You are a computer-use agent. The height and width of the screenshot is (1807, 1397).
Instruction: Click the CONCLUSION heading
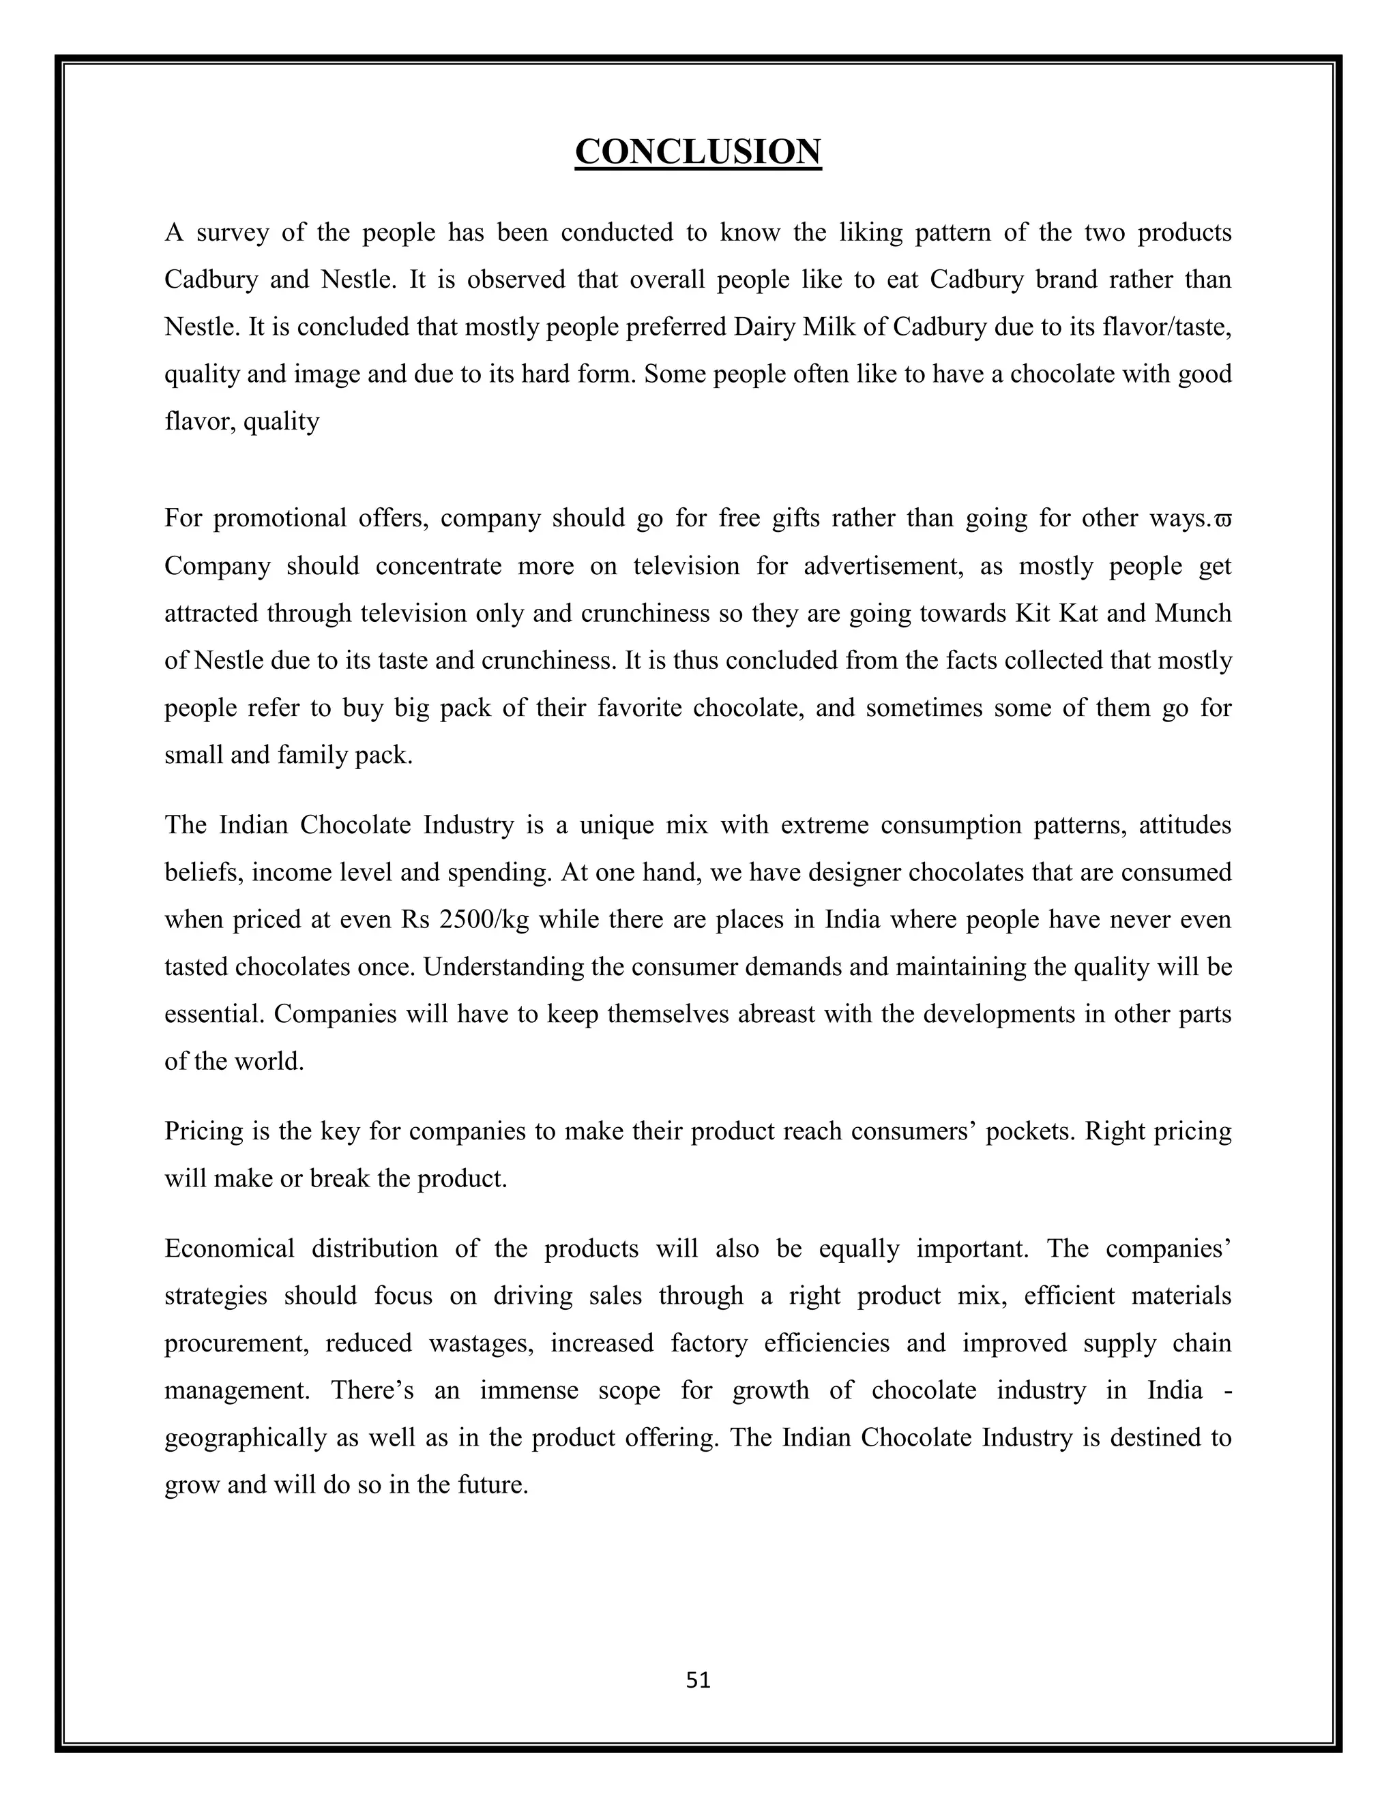tap(698, 152)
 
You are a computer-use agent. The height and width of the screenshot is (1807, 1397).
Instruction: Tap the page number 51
tap(698, 1679)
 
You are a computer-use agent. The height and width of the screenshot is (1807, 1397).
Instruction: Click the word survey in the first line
tap(232, 233)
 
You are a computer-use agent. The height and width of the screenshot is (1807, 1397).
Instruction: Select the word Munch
tap(1192, 614)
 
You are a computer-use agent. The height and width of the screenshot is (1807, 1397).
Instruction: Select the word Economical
tap(229, 1249)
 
